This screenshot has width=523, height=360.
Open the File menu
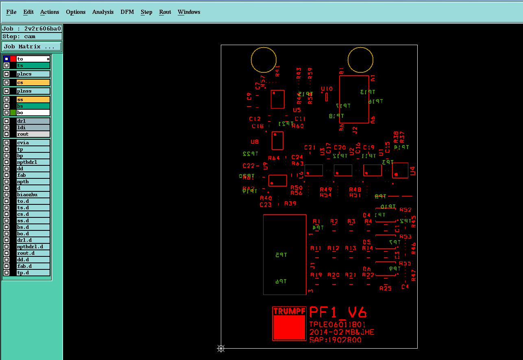pyautogui.click(x=11, y=12)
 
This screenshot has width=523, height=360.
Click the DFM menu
pyautogui.click(x=127, y=12)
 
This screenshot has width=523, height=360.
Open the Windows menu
pyautogui.click(x=189, y=12)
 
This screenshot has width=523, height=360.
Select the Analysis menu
pyautogui.click(x=103, y=12)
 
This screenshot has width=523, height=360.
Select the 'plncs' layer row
pyautogui.click(x=33, y=74)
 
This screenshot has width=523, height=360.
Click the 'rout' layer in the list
pyautogui.click(x=33, y=134)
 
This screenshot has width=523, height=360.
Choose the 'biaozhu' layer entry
pyautogui.click(x=33, y=195)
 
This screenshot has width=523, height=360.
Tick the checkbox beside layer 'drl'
pyautogui.click(x=7, y=121)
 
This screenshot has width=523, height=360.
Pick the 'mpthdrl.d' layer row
pyautogui.click(x=33, y=247)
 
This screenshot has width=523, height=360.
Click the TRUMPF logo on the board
pyautogui.click(x=289, y=323)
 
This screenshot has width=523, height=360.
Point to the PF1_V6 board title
pyautogui.click(x=338, y=312)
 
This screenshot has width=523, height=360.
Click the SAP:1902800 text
pyautogui.click(x=335, y=340)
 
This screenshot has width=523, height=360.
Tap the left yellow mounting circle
pyautogui.click(x=264, y=59)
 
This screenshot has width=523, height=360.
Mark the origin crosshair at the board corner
pyautogui.click(x=221, y=348)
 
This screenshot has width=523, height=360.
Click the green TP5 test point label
pyautogui.click(x=281, y=255)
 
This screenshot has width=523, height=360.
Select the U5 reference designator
pyautogui.click(x=297, y=110)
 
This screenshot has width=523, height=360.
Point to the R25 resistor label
pyautogui.click(x=385, y=288)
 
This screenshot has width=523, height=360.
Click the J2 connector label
pyautogui.click(x=355, y=130)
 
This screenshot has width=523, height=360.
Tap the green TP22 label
pyautogui.click(x=250, y=154)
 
